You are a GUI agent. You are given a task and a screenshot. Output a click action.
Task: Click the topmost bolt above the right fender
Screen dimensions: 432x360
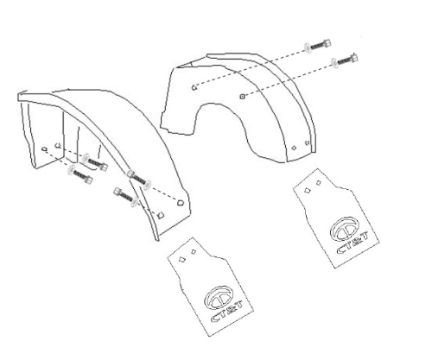317,46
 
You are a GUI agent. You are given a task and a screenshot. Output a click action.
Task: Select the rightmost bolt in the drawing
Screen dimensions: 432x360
345,60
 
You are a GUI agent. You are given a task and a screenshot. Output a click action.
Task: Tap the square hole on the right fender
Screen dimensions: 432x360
242,97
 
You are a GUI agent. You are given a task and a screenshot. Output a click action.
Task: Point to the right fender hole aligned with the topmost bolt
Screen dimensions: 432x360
194,87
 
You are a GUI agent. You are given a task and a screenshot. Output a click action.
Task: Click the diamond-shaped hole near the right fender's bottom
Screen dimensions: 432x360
294,148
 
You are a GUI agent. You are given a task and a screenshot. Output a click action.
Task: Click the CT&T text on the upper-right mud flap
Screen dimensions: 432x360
353,243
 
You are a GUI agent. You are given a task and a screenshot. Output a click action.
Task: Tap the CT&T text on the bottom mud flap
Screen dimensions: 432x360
227,311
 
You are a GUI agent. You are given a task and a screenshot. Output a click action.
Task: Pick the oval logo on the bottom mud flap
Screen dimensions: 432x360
219,298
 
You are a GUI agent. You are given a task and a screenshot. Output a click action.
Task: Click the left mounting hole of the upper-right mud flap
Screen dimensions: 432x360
308,190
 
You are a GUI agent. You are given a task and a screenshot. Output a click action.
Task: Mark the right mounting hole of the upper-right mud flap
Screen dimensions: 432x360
319,182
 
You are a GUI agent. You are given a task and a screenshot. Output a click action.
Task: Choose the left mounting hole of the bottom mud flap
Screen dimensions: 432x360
181,260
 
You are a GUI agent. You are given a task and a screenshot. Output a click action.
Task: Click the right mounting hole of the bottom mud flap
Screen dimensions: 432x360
194,252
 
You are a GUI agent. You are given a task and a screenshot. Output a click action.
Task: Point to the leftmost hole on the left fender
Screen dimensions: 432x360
44,149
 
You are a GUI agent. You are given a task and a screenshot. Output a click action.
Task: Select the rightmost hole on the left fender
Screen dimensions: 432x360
180,203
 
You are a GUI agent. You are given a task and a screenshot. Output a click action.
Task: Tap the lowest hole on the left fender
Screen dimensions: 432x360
161,214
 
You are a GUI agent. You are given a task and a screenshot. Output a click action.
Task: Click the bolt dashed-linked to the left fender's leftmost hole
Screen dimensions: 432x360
79,174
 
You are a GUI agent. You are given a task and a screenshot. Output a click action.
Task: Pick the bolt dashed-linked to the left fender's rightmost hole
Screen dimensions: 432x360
139,179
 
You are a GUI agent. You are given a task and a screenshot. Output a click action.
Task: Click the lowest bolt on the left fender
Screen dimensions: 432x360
126,196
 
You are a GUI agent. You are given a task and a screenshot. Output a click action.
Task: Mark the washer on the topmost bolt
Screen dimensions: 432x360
308,47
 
